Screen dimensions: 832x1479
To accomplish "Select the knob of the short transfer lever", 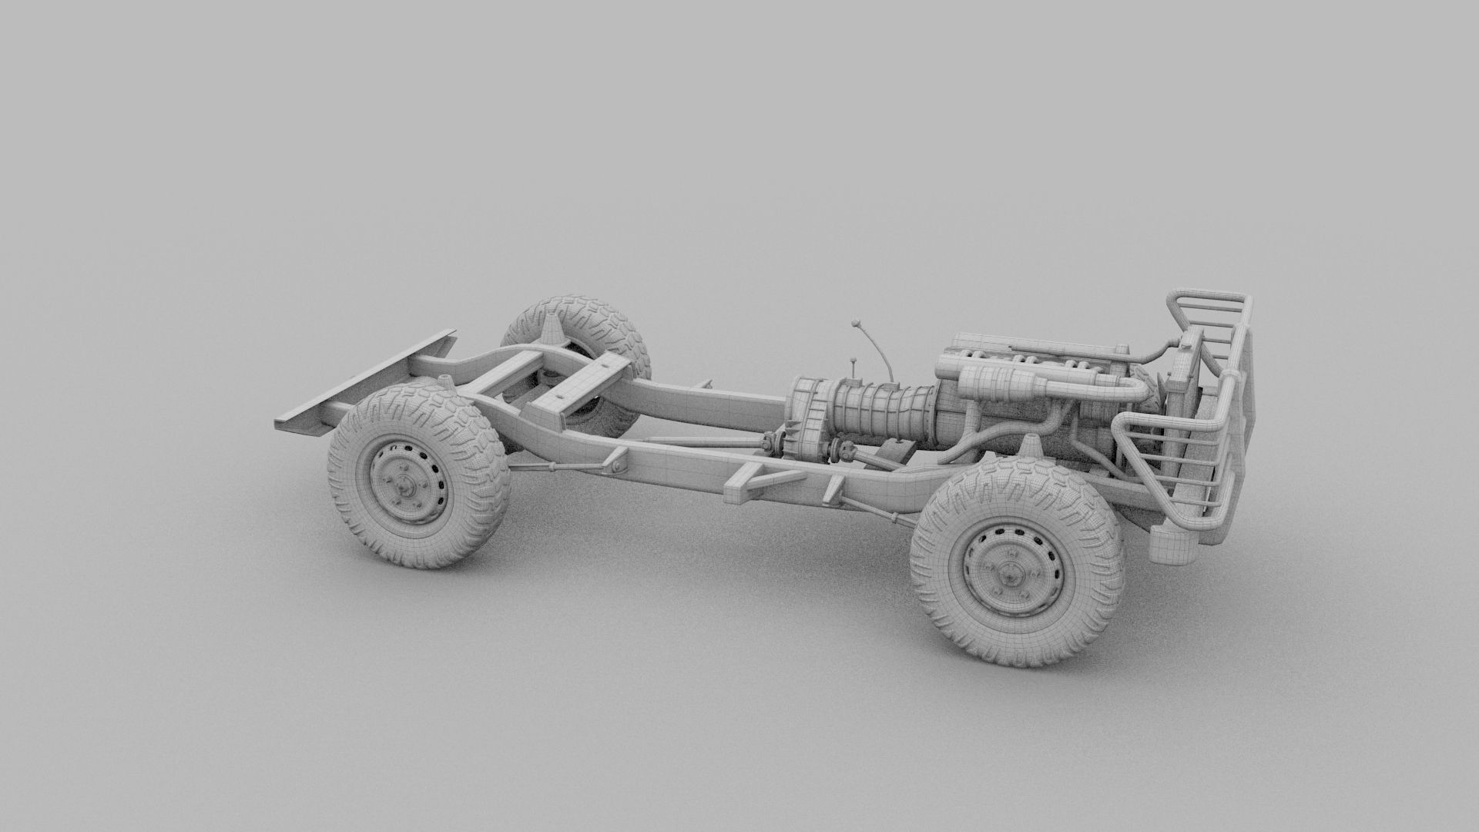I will tap(854, 360).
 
